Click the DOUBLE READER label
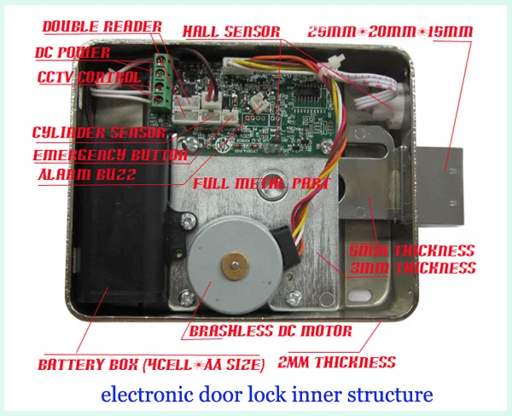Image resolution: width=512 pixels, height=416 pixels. (102, 27)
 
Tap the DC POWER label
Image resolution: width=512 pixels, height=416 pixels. (73, 53)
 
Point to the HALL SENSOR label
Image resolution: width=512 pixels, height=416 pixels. (231, 32)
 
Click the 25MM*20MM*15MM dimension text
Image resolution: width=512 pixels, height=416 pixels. (402, 32)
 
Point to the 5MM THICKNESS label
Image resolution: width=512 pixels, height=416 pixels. (411, 251)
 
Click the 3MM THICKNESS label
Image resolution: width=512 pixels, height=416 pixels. (413, 268)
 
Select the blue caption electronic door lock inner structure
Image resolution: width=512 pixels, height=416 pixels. (267, 396)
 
